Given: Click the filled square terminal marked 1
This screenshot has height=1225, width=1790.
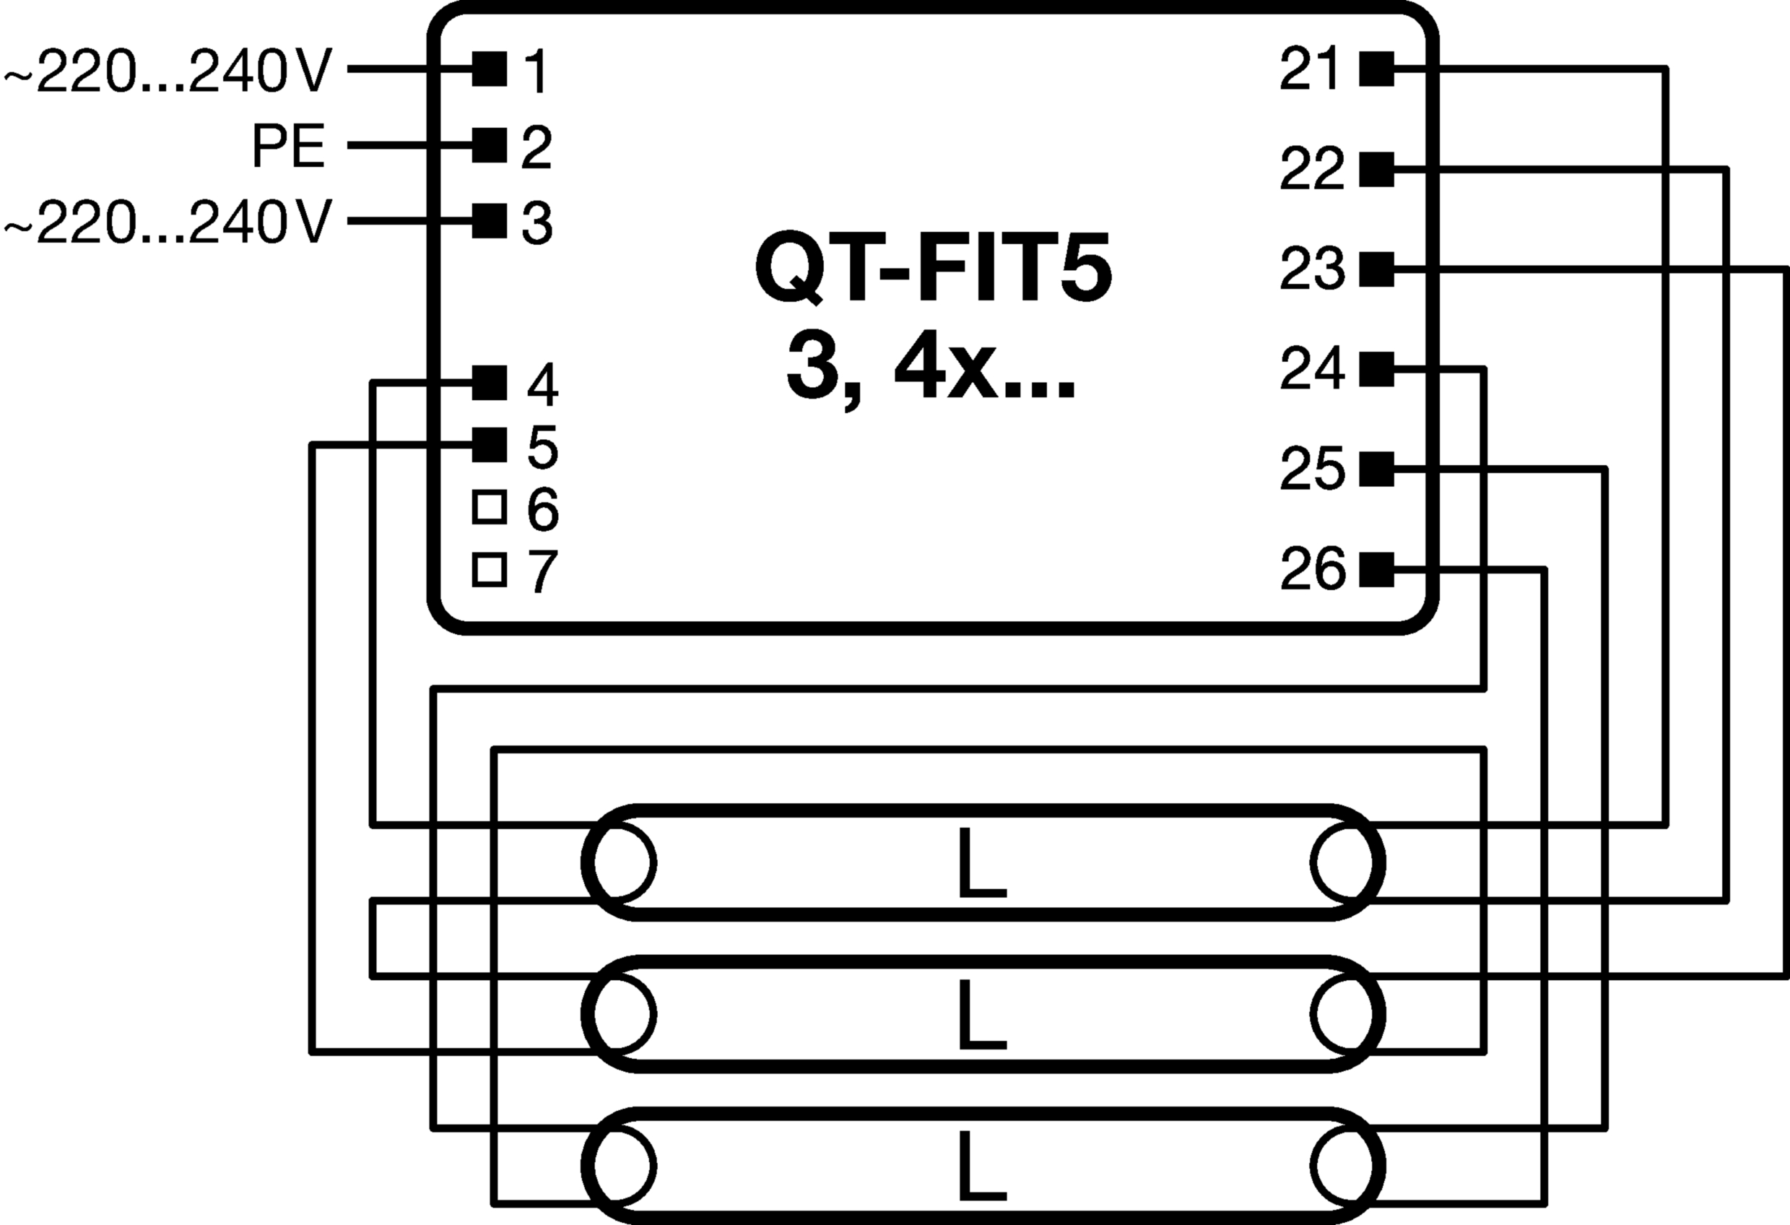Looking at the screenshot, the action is click(489, 69).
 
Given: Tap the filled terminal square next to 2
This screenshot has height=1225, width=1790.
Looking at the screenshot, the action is click(489, 145).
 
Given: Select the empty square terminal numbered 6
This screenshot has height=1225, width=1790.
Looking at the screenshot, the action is click(489, 507).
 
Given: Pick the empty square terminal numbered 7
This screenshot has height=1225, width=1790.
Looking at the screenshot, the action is click(489, 570).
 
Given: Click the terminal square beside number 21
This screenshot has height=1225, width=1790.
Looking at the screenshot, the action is click(1377, 69).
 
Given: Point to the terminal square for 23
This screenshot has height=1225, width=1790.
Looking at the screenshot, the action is click(1377, 269).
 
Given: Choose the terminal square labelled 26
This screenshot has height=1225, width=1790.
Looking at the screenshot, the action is click(1377, 569).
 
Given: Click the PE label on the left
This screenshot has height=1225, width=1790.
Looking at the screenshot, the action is click(289, 147).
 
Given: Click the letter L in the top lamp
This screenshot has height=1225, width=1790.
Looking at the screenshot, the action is click(982, 863).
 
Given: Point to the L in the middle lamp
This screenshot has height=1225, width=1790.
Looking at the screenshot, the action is click(982, 1015).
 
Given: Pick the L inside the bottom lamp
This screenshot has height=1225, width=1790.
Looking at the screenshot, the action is click(982, 1166).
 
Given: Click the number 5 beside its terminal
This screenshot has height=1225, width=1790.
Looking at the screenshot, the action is click(543, 447).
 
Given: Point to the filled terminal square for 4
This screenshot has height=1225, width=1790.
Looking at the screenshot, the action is click(489, 383).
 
